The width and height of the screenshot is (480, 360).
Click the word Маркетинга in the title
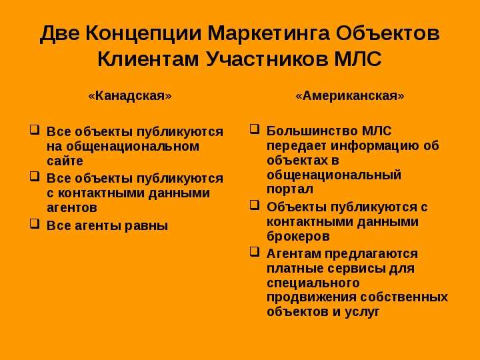pyautogui.click(x=269, y=33)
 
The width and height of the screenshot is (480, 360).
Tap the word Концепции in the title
pyautogui.click(x=143, y=33)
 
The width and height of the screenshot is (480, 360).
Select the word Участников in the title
pyautogui.click(x=266, y=59)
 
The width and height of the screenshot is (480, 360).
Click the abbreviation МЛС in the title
pyautogui.click(x=358, y=59)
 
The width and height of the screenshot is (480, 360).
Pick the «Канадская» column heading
pyautogui.click(x=130, y=96)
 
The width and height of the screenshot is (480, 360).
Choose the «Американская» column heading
pyautogui.click(x=349, y=96)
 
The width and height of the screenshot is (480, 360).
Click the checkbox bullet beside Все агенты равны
pyautogui.click(x=35, y=223)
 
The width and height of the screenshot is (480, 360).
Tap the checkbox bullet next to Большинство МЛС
pyautogui.click(x=255, y=129)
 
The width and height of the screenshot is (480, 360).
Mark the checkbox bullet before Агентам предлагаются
pyautogui.click(x=255, y=251)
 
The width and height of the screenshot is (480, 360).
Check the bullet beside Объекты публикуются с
pyautogui.click(x=255, y=205)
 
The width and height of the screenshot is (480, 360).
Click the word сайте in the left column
pyautogui.click(x=65, y=161)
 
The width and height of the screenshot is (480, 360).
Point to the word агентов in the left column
pyautogui.click(x=72, y=208)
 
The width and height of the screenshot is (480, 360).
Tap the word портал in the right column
pyautogui.click(x=290, y=189)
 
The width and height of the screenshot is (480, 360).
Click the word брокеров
pyautogui.click(x=298, y=236)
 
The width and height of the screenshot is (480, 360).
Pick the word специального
pyautogui.click(x=313, y=283)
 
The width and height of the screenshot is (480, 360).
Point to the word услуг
pyautogui.click(x=362, y=312)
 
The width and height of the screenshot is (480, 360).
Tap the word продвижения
pyautogui.click(x=311, y=297)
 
